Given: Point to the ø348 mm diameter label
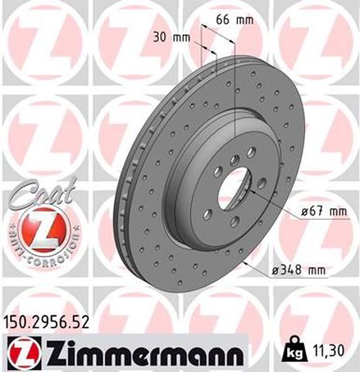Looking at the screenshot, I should [297, 270].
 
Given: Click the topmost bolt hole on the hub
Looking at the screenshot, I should [233, 159].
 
